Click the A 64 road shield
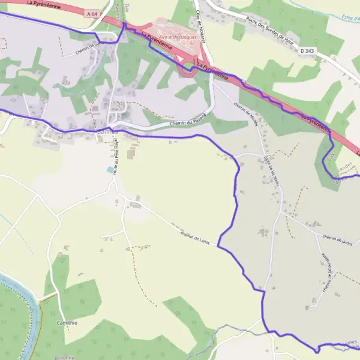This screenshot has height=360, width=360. coord(91,13)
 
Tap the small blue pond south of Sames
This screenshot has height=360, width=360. coord(110,170)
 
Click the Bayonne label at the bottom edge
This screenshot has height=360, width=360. coord(63,357)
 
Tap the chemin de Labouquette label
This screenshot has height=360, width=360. coord(328,274)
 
